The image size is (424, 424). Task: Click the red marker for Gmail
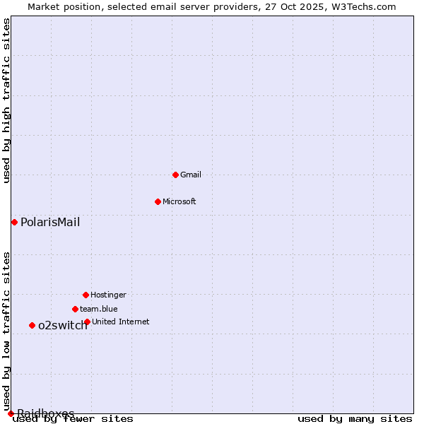(x=175, y=175)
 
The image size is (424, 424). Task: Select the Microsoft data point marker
(x=158, y=201)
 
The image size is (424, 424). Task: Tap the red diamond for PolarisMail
(x=14, y=222)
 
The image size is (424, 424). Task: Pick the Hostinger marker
(x=86, y=295)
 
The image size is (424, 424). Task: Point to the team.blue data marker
(x=75, y=309)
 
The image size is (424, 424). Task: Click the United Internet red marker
(x=87, y=322)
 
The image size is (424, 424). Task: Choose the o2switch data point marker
(x=32, y=325)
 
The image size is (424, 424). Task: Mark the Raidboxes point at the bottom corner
(x=11, y=413)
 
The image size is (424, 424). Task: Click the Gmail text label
(x=191, y=175)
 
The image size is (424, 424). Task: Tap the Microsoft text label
(x=179, y=201)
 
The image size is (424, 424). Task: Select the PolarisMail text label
(x=50, y=222)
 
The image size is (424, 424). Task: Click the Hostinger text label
(x=108, y=295)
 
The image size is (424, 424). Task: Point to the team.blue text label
(x=99, y=309)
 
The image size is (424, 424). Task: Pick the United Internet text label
(x=120, y=322)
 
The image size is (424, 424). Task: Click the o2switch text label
(x=62, y=325)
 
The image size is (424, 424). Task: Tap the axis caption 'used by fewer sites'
(x=73, y=419)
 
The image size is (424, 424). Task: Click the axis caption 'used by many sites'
(x=355, y=419)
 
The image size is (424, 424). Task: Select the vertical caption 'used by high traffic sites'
(x=6, y=100)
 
